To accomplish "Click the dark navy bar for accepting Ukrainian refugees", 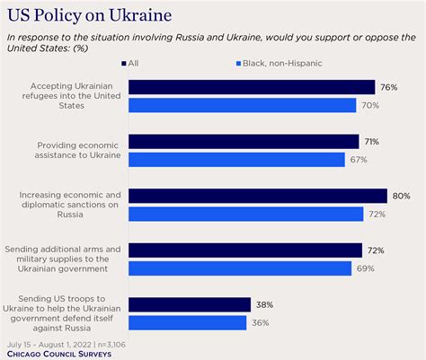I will pos(252,87).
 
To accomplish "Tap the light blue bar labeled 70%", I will pos(243,105).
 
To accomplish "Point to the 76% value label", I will pos(389,87).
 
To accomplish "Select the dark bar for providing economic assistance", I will pos(244,141).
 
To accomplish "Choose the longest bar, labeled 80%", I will pos(258,196).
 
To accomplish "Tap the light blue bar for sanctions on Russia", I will pos(245,214).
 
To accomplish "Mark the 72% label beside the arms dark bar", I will pos(377,250).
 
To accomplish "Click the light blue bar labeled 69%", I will pos(242,268).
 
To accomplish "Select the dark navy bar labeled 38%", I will pos(189,304).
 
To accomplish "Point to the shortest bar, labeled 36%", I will pos(186,322).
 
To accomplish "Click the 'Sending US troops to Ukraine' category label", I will pos(64,313).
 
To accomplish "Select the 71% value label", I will pos(373,142).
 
